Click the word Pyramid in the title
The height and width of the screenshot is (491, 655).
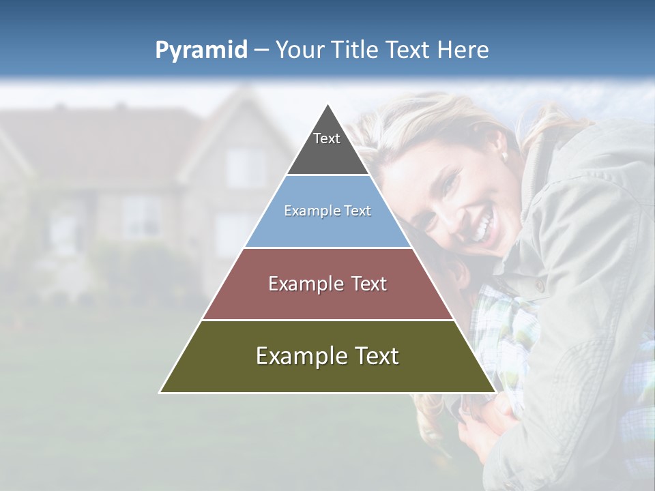(201, 50)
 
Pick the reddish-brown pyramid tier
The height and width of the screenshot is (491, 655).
(327, 300)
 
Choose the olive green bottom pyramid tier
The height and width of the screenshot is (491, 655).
(327, 372)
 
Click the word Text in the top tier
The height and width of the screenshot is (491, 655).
(327, 138)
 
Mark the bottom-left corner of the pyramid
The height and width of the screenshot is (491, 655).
(160, 392)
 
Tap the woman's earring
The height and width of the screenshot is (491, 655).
(506, 156)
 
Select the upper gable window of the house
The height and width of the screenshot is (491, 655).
(245, 166)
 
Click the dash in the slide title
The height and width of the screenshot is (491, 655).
(261, 50)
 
